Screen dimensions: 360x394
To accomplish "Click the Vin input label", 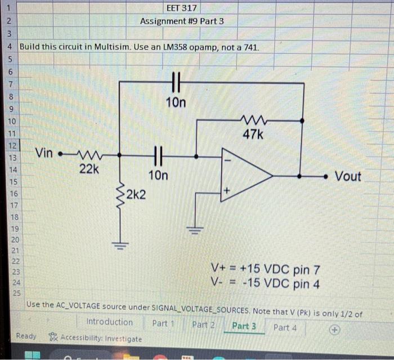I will click(46, 153).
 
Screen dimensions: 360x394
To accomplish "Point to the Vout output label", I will click(348, 176).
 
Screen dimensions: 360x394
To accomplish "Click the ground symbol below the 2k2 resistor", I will click(119, 245).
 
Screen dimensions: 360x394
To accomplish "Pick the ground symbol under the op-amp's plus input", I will click(195, 229).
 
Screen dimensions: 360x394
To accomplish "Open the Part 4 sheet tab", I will click(285, 327).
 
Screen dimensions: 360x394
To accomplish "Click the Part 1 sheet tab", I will click(164, 324).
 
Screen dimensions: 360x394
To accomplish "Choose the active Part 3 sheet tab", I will click(244, 326).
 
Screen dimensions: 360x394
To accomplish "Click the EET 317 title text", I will click(182, 8).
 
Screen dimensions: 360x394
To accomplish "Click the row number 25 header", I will click(15, 293).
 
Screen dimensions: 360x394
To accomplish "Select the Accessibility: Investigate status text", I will click(100, 339).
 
